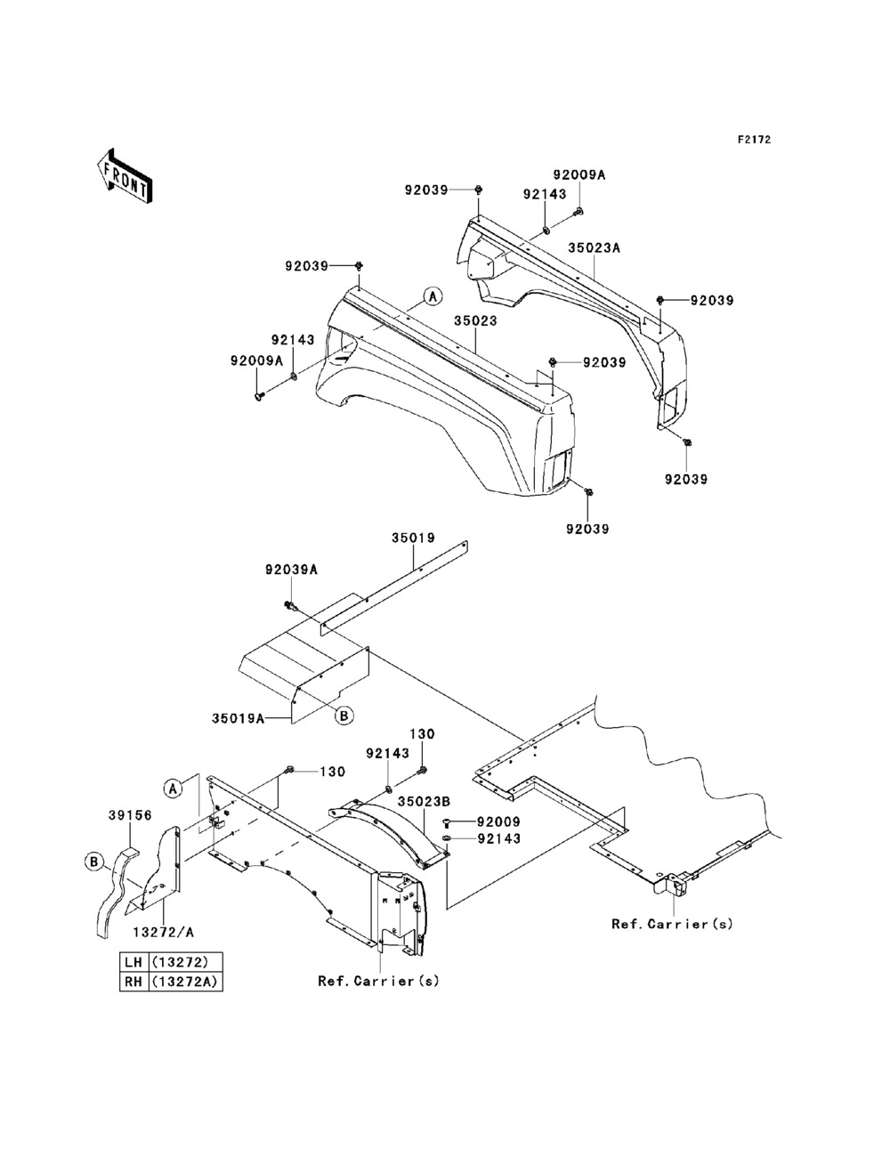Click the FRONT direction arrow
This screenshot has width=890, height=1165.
pyautogui.click(x=125, y=175)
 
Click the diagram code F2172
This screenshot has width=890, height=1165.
pyautogui.click(x=754, y=140)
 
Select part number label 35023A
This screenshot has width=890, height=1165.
pyautogui.click(x=595, y=247)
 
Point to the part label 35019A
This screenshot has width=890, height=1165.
pyautogui.click(x=239, y=718)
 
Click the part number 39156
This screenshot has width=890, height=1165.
pyautogui.click(x=130, y=814)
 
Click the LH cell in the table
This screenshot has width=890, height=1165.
pyautogui.click(x=133, y=961)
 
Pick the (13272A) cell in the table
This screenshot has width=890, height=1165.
pyautogui.click(x=185, y=982)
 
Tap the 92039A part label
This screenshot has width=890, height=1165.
pyautogui.click(x=291, y=570)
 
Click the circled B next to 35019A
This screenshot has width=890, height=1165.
pyautogui.click(x=344, y=716)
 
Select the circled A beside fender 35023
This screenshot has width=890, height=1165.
pyautogui.click(x=433, y=296)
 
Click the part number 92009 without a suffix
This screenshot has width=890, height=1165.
pyautogui.click(x=498, y=822)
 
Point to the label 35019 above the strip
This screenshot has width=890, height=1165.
pyautogui.click(x=414, y=538)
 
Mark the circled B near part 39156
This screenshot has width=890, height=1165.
pyautogui.click(x=94, y=862)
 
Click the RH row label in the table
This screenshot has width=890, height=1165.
pyautogui.click(x=133, y=982)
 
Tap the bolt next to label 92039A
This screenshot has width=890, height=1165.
pyautogui.click(x=291, y=605)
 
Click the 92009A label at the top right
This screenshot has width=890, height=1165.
pyautogui.click(x=579, y=174)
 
